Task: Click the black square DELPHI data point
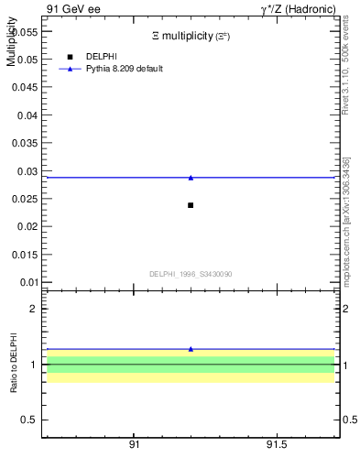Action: click(x=191, y=205)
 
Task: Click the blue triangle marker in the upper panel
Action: click(x=191, y=178)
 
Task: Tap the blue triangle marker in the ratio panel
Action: click(x=191, y=349)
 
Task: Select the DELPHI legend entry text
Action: click(x=102, y=57)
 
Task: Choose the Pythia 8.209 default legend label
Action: click(x=125, y=69)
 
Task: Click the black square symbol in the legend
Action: click(x=71, y=57)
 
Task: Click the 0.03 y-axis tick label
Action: click(x=27, y=171)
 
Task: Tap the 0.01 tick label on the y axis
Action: click(x=27, y=283)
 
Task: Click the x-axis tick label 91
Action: click(x=134, y=444)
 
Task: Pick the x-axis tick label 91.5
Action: click(x=275, y=444)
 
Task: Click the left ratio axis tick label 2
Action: click(x=33, y=310)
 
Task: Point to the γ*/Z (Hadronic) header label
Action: click(x=297, y=9)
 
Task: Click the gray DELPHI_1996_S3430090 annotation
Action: click(x=191, y=274)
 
